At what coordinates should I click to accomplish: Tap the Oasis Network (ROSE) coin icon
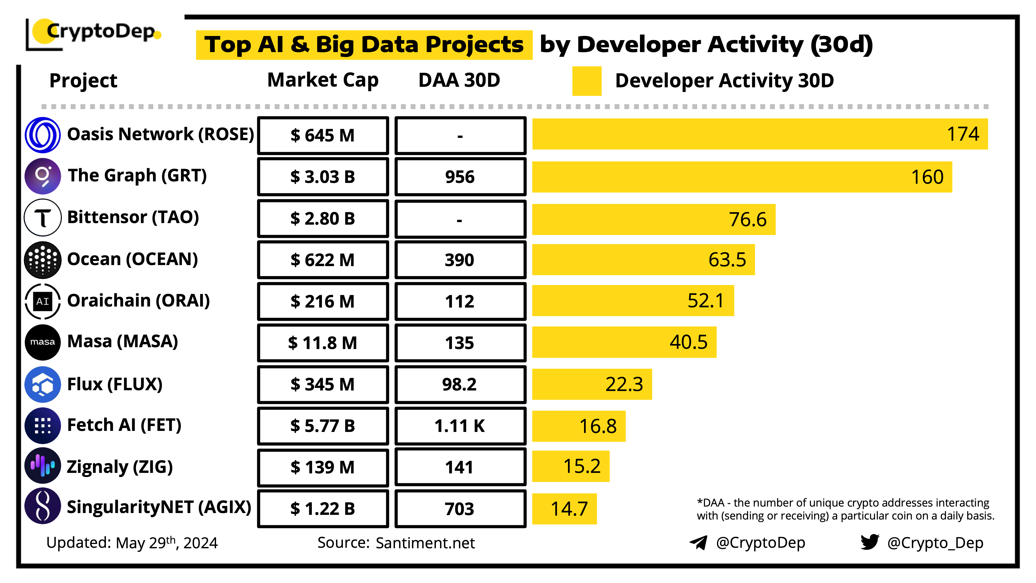click(x=43, y=135)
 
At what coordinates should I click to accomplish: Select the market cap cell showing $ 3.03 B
click(x=323, y=177)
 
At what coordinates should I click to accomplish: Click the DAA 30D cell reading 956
click(x=460, y=177)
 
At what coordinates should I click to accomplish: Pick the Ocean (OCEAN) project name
click(x=132, y=259)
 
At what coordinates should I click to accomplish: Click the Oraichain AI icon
click(x=43, y=301)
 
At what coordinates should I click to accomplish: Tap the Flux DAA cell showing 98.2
click(x=460, y=384)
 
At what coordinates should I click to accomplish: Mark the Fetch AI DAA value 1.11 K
click(x=460, y=426)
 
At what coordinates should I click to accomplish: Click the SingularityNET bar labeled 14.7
click(x=564, y=509)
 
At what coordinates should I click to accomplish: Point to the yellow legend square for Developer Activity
click(x=587, y=81)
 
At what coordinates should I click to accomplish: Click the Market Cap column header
click(x=323, y=80)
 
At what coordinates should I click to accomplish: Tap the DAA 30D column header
click(x=459, y=80)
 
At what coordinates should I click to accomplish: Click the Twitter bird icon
click(x=870, y=542)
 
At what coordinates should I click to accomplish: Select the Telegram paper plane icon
click(x=698, y=542)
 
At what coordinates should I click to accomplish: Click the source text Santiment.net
click(x=425, y=543)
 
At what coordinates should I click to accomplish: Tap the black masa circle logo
click(x=43, y=342)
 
